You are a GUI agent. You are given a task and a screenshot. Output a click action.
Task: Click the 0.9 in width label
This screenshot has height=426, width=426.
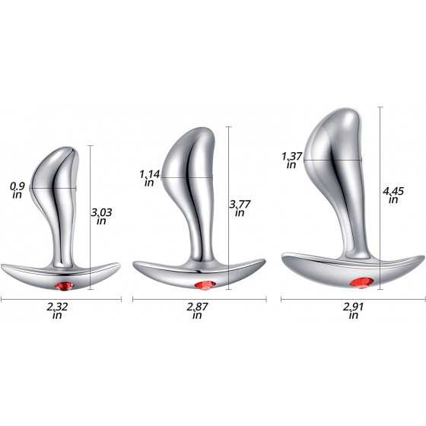(17, 190)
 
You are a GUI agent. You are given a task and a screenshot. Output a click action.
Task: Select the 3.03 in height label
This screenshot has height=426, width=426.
(101, 216)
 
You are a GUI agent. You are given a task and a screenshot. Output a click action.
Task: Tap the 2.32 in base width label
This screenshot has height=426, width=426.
(57, 310)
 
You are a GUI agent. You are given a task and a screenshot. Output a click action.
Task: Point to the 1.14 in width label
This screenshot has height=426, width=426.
(150, 178)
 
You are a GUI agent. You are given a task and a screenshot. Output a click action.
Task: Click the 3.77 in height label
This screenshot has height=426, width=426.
(240, 208)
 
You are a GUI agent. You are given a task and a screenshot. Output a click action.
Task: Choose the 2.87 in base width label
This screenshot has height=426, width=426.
(197, 310)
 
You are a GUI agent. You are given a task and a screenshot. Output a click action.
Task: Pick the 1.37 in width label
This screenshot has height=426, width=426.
(291, 161)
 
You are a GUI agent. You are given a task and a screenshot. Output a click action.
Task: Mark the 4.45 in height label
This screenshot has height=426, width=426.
(393, 195)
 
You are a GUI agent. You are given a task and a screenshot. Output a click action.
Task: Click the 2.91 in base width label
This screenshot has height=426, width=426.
(353, 310)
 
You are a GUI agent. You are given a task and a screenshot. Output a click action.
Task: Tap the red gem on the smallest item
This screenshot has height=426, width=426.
(64, 286)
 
